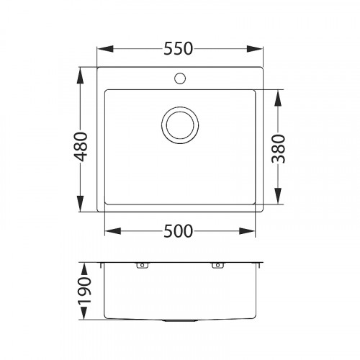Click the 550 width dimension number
click(x=179, y=49)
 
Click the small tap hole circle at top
click(x=179, y=77)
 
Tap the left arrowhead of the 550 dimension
click(x=102, y=50)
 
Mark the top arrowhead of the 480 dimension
click(x=80, y=73)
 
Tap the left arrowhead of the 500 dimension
click(x=110, y=232)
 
